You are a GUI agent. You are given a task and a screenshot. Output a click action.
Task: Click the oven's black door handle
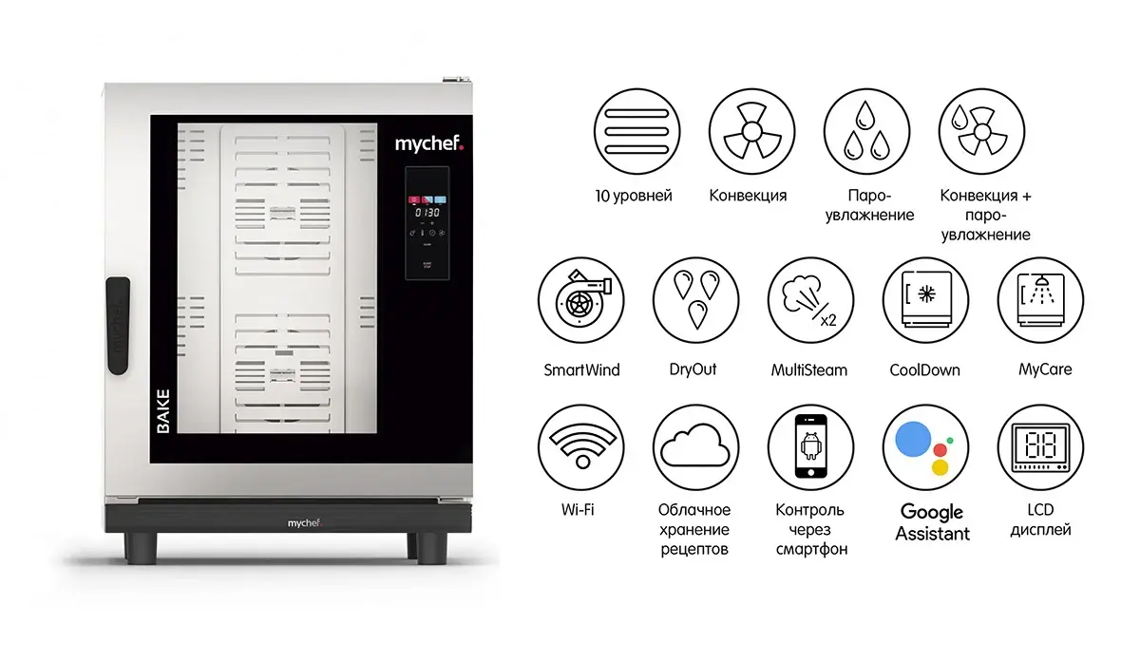coord(118,326)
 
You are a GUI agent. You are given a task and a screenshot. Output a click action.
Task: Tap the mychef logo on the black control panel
coord(429,143)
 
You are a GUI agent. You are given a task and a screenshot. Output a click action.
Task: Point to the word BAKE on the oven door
coord(162,411)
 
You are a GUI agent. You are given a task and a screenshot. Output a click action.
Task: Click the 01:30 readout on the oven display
coord(427,212)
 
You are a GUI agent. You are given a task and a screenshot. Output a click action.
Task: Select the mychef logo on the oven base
coord(304,523)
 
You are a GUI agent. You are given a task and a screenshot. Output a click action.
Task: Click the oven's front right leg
coord(431,548)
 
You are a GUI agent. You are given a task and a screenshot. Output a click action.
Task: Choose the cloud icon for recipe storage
coord(695,447)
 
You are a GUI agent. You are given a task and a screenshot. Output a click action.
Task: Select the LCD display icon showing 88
coord(1041,447)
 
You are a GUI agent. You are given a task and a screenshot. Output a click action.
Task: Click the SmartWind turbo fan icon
coord(581,300)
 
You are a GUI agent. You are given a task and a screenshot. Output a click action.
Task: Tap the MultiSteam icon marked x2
coord(810,300)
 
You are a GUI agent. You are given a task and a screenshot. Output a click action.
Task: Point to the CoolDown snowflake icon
coord(925,300)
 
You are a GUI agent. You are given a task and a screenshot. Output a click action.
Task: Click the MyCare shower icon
coord(1041,300)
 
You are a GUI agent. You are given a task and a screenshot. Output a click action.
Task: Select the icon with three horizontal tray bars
coord(636,131)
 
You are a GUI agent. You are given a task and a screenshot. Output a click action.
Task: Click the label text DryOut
coord(693,369)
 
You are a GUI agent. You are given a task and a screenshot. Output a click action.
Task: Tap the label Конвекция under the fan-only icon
coord(748,196)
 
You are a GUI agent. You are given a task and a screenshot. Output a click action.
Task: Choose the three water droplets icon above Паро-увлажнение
coord(866,131)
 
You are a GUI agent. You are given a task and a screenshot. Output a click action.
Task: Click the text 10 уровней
coord(634,196)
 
